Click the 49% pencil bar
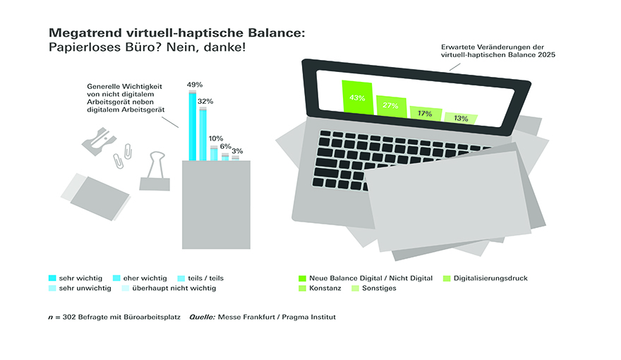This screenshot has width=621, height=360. click(x=193, y=125)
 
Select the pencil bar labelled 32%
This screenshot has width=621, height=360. click(x=203, y=133)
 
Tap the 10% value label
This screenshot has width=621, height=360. click(x=216, y=138)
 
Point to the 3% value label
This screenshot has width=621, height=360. click(x=237, y=151)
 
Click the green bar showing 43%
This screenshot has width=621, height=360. click(x=357, y=97)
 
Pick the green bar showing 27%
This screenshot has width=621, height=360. click(x=391, y=106)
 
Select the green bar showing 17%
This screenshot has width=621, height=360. click(x=426, y=113)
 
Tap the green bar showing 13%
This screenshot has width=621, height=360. click(x=461, y=118)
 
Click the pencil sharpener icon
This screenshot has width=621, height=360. click(x=99, y=141)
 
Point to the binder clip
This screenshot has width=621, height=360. click(x=155, y=171)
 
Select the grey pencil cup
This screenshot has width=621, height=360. click(x=216, y=205)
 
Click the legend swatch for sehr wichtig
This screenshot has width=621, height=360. click(x=52, y=278)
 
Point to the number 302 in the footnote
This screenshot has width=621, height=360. click(x=69, y=317)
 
